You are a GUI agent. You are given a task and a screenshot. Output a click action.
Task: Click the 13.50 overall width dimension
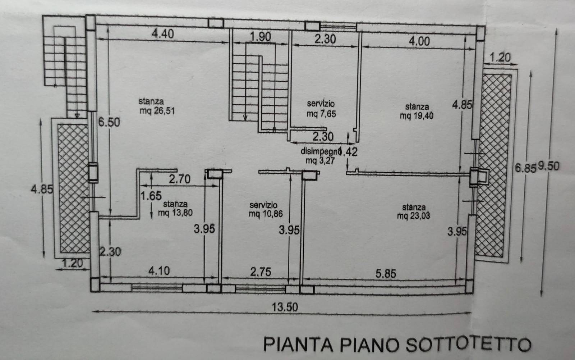click(285, 307)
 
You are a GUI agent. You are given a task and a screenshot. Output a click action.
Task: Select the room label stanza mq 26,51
click(157, 106)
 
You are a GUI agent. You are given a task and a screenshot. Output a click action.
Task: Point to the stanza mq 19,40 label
click(417, 111)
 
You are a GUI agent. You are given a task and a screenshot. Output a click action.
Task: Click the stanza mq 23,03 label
click(414, 211)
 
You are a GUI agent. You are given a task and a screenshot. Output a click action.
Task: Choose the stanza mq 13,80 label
click(175, 208)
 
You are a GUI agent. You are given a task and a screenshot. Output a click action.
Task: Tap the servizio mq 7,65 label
click(321, 109)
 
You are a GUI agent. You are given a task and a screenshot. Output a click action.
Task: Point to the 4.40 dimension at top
click(162, 34)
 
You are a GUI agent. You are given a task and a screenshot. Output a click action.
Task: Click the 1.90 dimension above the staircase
click(260, 37)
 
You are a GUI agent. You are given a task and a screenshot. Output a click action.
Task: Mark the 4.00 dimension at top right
click(419, 41)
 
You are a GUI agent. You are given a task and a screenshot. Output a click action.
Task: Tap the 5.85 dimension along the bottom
click(386, 273)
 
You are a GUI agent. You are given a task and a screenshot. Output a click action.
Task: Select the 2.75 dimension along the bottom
click(261, 272)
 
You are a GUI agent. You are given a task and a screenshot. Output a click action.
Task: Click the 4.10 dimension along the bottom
click(159, 270)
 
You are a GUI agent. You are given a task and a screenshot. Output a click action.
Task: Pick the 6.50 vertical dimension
click(109, 122)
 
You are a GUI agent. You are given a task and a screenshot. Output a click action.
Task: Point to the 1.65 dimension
click(151, 196)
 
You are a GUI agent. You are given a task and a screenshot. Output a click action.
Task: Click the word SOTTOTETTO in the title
click(468, 344)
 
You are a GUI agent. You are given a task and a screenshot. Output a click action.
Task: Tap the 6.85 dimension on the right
click(526, 168)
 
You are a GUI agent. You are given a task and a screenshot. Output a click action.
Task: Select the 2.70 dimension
click(180, 179)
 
